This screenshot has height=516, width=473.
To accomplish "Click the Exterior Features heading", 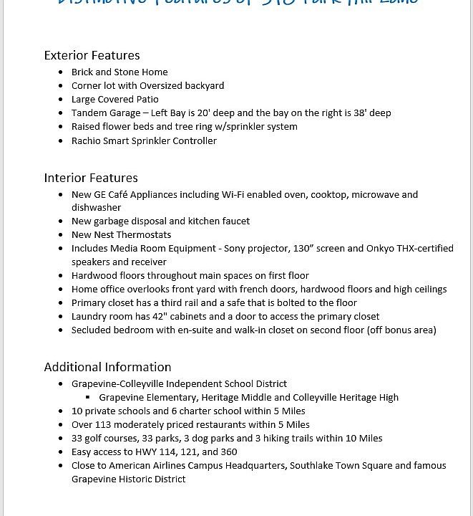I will [92, 55].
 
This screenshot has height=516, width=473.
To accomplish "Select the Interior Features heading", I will [91, 178].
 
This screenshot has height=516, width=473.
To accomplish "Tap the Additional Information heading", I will [107, 367].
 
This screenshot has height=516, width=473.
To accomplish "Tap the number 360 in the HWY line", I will [229, 451].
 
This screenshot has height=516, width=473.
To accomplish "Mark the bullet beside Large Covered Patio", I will [61, 100].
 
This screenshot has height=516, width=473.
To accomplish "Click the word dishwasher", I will [97, 207].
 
